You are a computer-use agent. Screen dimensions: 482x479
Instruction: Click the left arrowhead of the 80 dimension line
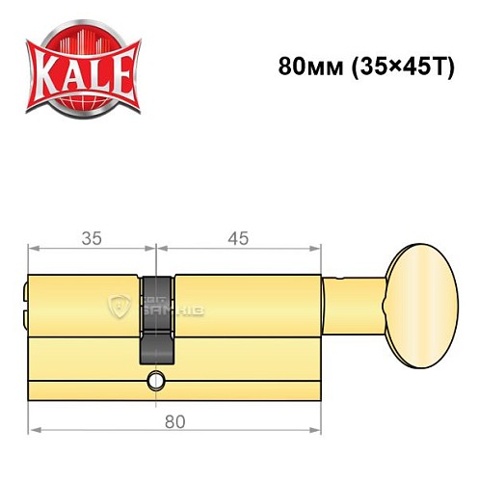coord(32,434)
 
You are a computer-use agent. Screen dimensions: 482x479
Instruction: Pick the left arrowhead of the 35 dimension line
coord(32,250)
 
